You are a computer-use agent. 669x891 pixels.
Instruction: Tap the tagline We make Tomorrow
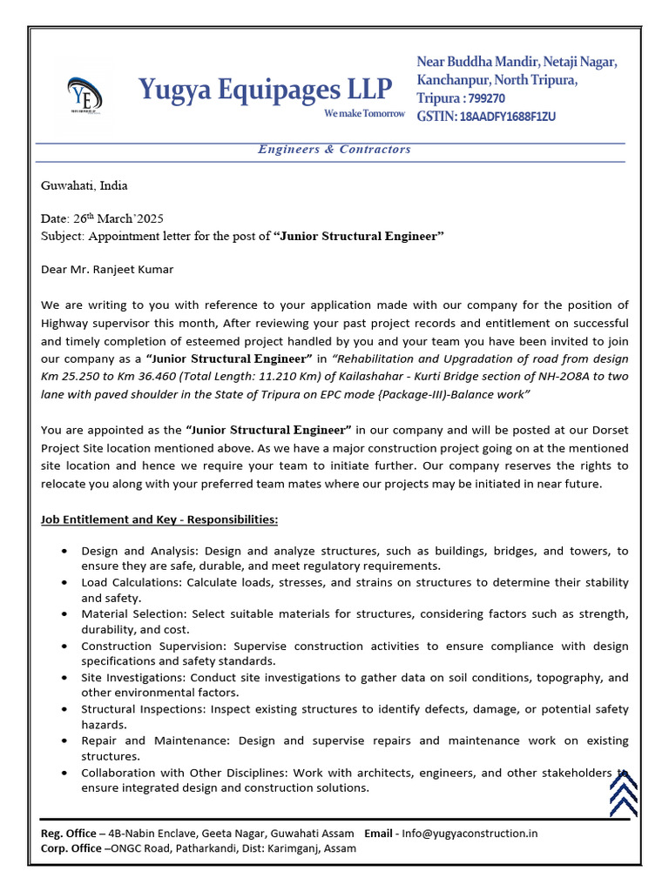tap(364, 114)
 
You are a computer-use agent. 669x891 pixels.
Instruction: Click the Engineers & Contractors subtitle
tap(334, 149)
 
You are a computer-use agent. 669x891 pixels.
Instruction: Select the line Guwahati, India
tap(84, 185)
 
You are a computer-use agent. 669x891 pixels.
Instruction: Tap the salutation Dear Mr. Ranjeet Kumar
tap(107, 269)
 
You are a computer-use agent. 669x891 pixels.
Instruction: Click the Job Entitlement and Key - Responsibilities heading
tap(159, 519)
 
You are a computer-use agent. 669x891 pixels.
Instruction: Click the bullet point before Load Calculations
tap(68, 583)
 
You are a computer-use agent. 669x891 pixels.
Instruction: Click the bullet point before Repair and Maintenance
tap(68, 740)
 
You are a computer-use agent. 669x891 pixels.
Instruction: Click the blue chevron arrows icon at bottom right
tap(623, 793)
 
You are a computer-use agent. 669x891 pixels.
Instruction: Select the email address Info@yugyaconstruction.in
tap(470, 833)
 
